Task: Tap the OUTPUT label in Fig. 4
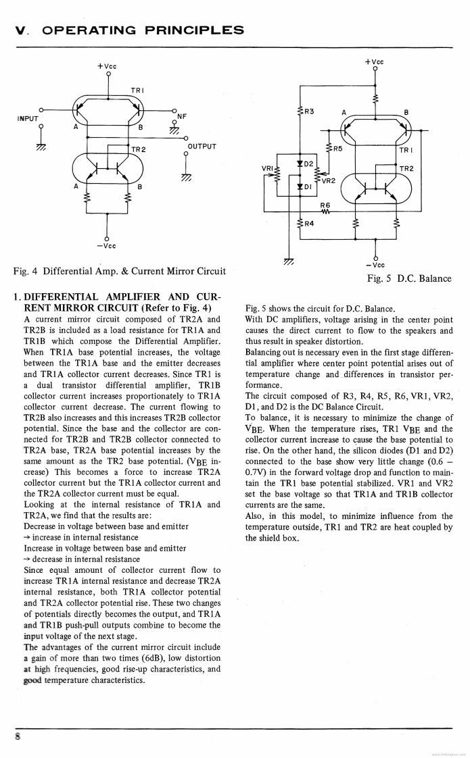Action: point(202,146)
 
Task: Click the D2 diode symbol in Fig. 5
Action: point(299,164)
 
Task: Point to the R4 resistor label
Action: point(310,224)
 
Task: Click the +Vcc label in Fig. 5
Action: point(375,61)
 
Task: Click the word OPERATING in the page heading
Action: point(84,30)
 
